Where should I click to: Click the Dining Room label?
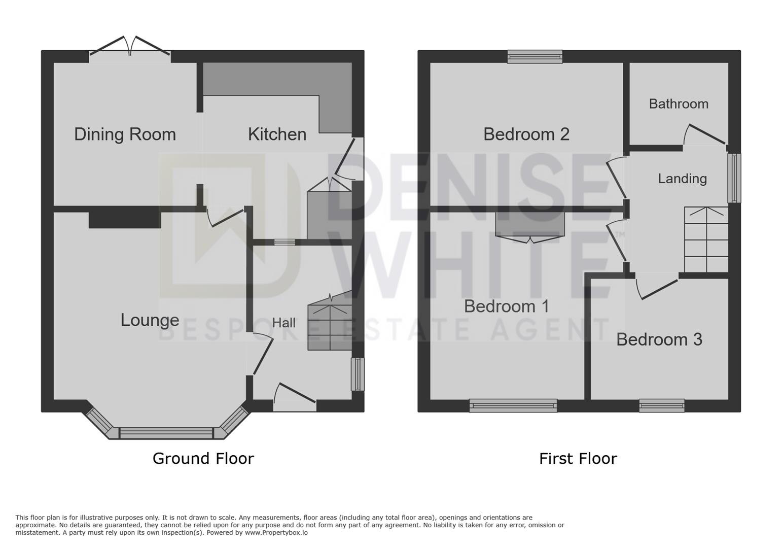(x=125, y=134)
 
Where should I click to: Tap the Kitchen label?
(x=277, y=134)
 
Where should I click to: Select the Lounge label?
(x=150, y=320)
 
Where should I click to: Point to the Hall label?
(x=284, y=323)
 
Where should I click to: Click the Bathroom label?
(x=679, y=104)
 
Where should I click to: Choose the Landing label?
(x=682, y=179)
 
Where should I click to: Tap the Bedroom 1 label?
(x=506, y=306)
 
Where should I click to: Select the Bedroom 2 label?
(x=526, y=134)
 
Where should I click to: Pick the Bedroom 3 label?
(x=659, y=339)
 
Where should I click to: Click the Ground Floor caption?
(x=203, y=459)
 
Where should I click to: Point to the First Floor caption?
(x=578, y=459)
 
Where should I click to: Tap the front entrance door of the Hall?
(x=294, y=398)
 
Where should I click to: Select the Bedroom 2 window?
(x=535, y=57)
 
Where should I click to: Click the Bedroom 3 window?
(x=662, y=405)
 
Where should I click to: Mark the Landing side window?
(x=734, y=178)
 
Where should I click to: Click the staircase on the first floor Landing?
(x=706, y=239)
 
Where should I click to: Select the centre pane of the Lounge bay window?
(x=166, y=433)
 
